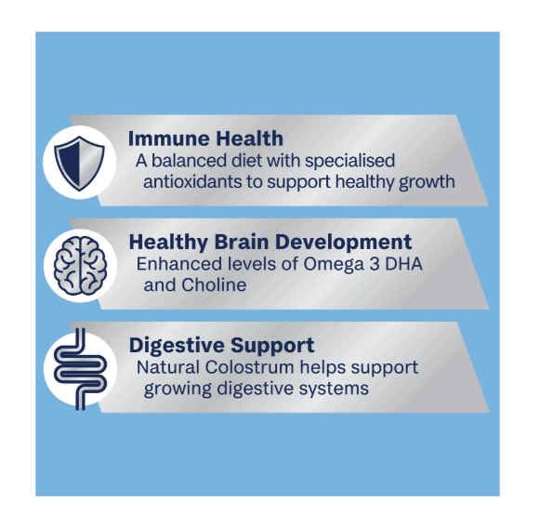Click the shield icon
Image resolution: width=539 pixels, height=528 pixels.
pos(79,164)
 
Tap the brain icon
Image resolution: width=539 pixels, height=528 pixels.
pos(81,265)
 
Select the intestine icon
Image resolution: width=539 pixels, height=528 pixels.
pos(81,369)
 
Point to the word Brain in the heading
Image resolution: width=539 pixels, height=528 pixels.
pos(241,242)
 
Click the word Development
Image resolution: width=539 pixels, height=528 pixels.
pos(343,243)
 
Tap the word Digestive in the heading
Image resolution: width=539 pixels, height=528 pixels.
pos(177,346)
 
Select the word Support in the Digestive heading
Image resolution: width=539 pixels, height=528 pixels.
pos(272,346)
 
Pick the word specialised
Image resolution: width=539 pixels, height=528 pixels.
pos(349,162)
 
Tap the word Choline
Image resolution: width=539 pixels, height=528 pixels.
pos(214,284)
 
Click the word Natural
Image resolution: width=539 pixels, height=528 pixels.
pos(168,367)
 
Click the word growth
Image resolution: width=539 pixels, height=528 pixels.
pos(427,182)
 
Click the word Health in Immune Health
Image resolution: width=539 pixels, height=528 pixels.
pos(249,139)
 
